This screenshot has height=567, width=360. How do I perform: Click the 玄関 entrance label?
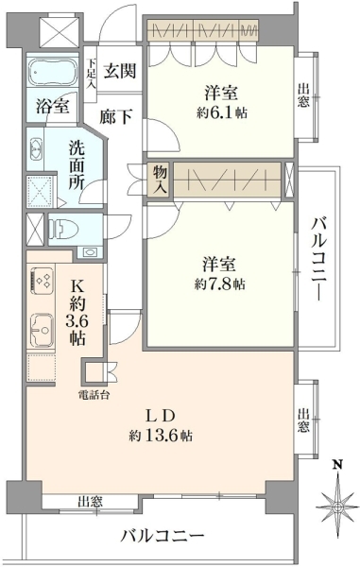tap(120, 71)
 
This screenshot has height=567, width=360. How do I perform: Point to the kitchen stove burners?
tap(43, 282)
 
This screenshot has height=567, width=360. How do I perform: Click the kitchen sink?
tap(42, 330)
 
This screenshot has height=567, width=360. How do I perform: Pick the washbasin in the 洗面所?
tap(35, 148)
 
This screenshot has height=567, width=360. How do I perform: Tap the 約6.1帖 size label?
tap(222, 113)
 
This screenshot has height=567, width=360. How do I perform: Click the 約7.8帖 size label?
tap(220, 284)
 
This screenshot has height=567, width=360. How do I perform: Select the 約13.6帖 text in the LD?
tap(161, 436)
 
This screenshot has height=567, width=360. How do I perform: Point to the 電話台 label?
tap(94, 395)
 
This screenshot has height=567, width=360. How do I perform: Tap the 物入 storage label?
tap(160, 180)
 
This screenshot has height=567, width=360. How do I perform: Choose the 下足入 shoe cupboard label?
tap(91, 74)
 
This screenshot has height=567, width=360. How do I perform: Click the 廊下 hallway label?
tap(115, 116)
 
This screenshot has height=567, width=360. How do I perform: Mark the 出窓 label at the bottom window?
tap(91, 502)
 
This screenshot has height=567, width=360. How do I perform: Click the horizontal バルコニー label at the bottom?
tap(163, 536)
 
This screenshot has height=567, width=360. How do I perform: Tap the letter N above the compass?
tap(337, 464)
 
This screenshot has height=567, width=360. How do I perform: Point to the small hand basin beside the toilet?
tap(89, 252)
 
